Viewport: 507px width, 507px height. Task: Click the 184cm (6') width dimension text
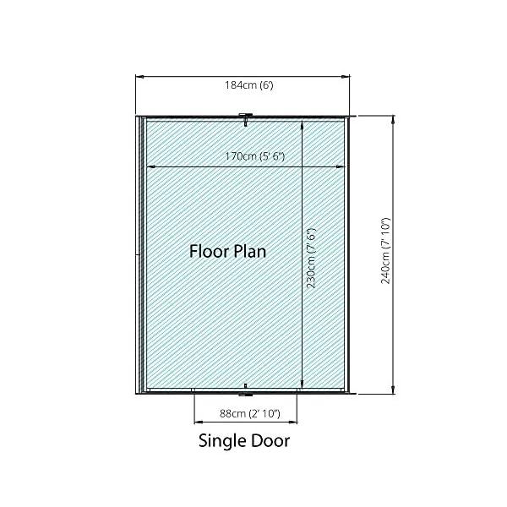(x=249, y=85)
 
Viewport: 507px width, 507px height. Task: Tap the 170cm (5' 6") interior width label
(x=255, y=156)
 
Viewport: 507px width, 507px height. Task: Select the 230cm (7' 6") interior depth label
(x=311, y=259)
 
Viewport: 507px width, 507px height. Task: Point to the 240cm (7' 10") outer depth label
(x=385, y=251)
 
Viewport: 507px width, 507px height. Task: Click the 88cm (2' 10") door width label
(x=250, y=413)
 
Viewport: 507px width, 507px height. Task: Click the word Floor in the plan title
(x=210, y=251)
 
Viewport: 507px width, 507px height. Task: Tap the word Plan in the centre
(x=250, y=251)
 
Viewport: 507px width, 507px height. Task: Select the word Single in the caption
(x=221, y=441)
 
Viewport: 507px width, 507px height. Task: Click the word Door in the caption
(x=270, y=440)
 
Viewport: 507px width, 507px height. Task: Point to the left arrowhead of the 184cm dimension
(x=139, y=77)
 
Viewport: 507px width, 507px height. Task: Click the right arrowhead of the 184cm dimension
(x=346, y=77)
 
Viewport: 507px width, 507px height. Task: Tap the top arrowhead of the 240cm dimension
(x=393, y=120)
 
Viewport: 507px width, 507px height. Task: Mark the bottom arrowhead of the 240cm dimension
(x=393, y=390)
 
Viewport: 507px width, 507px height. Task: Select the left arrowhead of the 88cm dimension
(x=198, y=422)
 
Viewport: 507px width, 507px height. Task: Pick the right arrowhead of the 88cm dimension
(x=293, y=422)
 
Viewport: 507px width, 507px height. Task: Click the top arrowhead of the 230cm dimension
(x=302, y=124)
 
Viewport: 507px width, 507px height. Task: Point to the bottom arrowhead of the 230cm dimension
(x=302, y=384)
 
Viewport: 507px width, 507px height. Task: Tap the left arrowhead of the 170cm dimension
(x=150, y=166)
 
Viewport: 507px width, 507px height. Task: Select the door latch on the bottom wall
(x=246, y=390)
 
